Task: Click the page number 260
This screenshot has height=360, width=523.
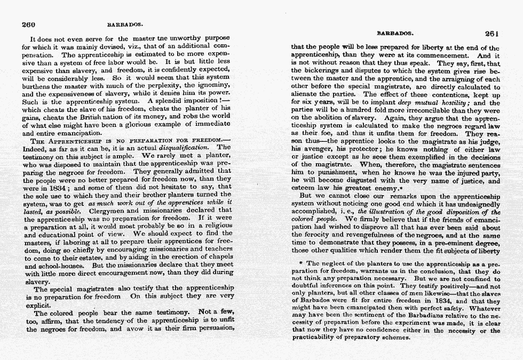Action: (28, 24)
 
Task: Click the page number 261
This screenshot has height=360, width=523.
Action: (492, 33)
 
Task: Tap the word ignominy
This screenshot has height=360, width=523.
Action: (211, 85)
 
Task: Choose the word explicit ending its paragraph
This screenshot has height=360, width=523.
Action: (42, 305)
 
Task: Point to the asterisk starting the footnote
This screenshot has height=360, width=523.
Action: (302, 263)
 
